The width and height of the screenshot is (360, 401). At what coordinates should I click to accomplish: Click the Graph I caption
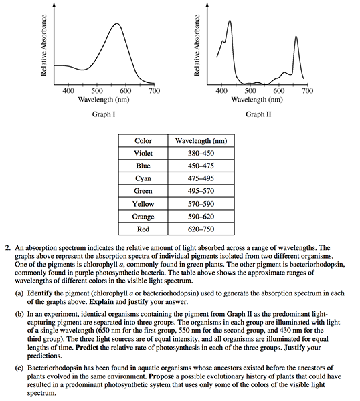coord(104,114)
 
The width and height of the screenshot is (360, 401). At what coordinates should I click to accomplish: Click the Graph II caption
coord(258,114)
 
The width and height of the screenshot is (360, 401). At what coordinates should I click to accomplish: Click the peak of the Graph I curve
coord(117,24)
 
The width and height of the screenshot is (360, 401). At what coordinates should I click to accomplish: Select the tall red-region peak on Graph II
coord(296,37)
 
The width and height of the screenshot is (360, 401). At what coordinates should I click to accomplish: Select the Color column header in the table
coord(143,140)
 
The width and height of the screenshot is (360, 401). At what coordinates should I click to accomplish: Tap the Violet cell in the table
coord(143,153)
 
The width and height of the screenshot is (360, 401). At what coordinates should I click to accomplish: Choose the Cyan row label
coord(143,178)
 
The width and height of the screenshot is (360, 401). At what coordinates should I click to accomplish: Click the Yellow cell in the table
coord(143,204)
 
